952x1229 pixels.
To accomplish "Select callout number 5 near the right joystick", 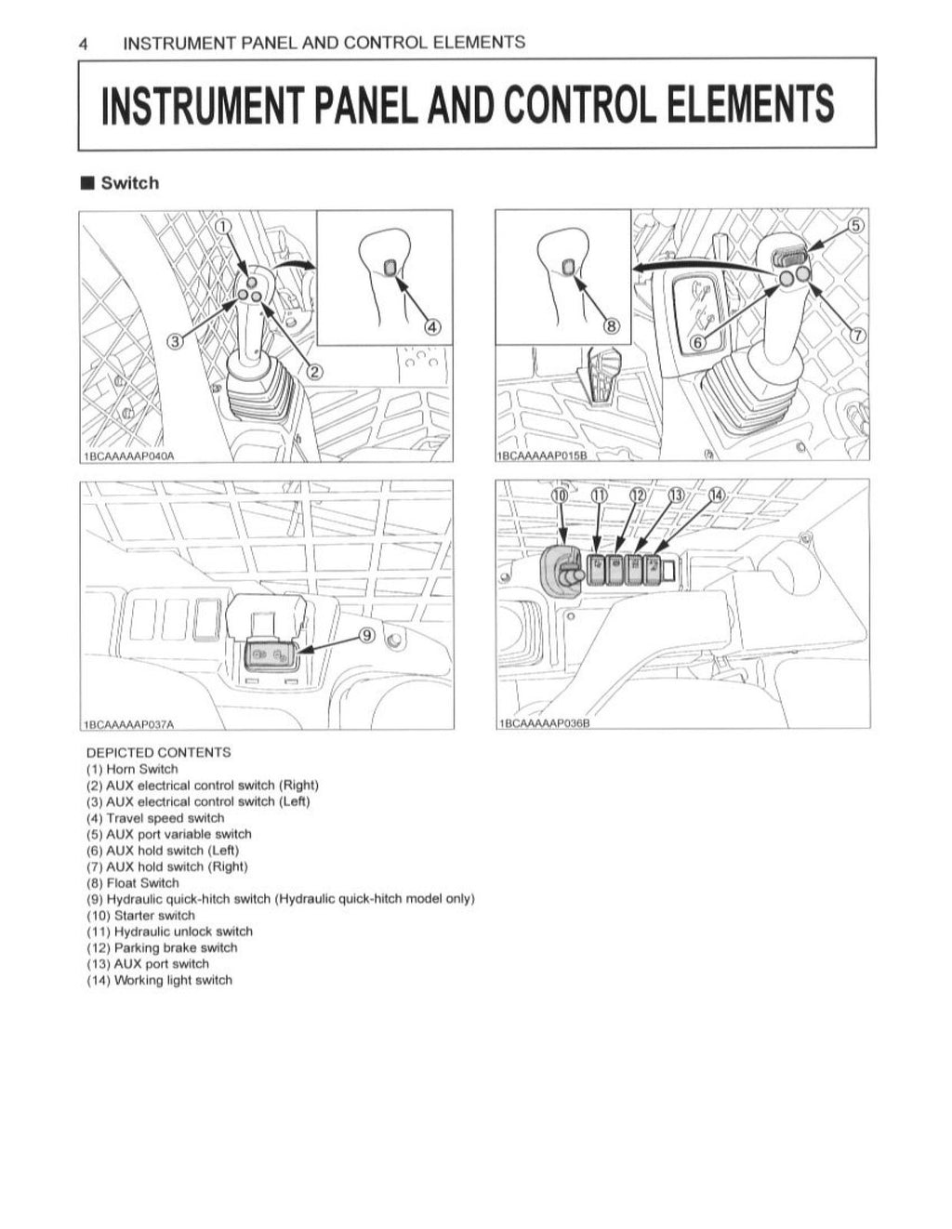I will (x=855, y=226).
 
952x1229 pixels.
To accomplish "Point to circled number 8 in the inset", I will (x=611, y=326).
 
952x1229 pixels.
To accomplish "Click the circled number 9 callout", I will (x=367, y=635).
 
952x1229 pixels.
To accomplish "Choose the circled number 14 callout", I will (x=715, y=495).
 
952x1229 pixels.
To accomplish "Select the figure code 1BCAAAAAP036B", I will (x=545, y=723).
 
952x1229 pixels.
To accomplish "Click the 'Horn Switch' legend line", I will (x=132, y=769).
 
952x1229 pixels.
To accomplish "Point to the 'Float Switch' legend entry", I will (x=133, y=882).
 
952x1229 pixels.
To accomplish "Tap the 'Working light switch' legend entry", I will (x=159, y=980).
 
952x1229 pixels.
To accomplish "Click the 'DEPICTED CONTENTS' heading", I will (x=158, y=752).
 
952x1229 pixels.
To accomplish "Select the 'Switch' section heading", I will (x=129, y=183).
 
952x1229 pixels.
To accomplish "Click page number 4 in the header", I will (x=84, y=43).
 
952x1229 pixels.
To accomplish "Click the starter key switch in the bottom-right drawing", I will (x=563, y=576).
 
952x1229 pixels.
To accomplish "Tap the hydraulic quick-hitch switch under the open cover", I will (x=269, y=657).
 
